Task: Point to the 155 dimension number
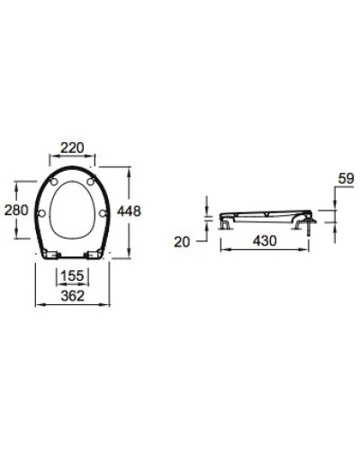pos(73,277)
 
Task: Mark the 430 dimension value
pos(264,241)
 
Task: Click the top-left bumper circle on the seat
pos(57,183)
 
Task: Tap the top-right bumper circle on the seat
pos(91,183)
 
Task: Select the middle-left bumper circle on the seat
pos(45,213)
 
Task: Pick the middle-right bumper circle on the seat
pos(103,213)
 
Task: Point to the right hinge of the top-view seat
pos(93,255)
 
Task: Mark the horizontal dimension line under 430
pos(264,250)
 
